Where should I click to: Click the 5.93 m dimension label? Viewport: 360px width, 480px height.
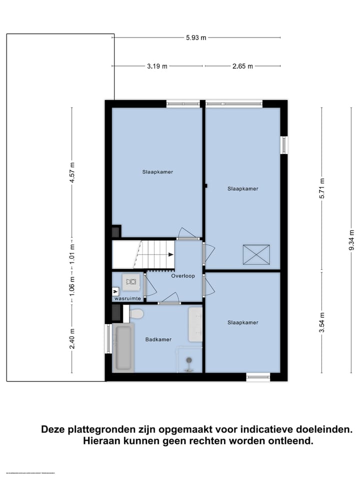point(196,37)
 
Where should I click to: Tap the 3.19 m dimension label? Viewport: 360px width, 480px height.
point(157,66)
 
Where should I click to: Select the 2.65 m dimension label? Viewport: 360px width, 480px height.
point(243,66)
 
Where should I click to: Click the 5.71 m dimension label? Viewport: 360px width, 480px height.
point(322,188)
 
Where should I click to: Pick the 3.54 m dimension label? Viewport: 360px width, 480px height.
point(322,322)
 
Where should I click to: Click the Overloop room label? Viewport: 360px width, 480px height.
point(183,276)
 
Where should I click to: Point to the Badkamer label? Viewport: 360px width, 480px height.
point(158,339)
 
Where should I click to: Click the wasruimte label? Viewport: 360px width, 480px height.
point(127,298)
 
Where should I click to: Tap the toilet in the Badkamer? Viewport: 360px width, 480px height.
point(135,314)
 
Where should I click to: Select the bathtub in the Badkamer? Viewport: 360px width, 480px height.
point(123,347)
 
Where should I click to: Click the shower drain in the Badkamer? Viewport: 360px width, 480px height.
point(189,360)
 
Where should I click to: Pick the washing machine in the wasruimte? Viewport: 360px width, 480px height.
point(131,281)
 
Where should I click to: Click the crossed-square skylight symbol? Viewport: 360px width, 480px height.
point(256,254)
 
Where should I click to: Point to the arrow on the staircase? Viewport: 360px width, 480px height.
point(170,254)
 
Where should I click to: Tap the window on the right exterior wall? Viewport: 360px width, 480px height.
point(284,144)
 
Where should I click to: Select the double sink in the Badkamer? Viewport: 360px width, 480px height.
point(195,324)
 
